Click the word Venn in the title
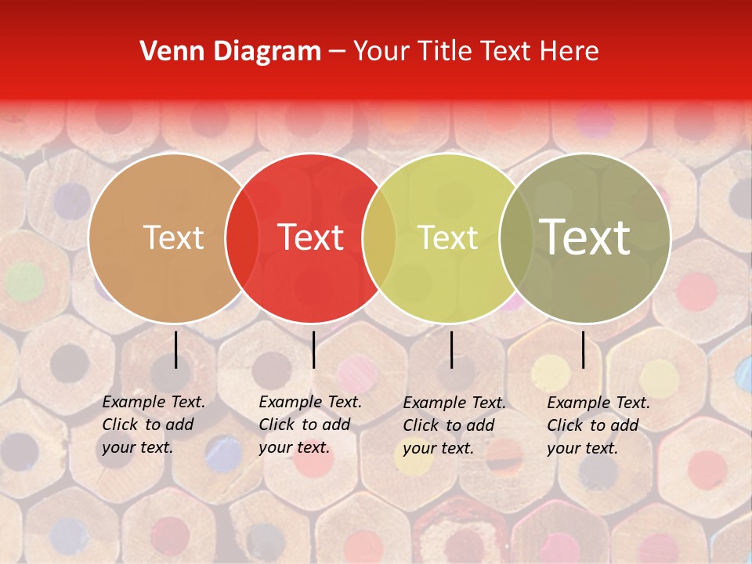click(166, 52)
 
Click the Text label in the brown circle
click(173, 237)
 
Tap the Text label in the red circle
click(310, 237)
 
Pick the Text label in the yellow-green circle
click(447, 237)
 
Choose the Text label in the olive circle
click(585, 237)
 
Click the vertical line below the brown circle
click(175, 349)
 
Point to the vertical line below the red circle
click(313, 349)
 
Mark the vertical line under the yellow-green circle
click(451, 349)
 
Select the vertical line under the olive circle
click(584, 349)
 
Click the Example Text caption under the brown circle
click(154, 425)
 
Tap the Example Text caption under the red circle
click(310, 425)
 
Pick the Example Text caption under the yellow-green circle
click(454, 425)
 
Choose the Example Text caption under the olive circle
click(598, 425)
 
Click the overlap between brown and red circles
click(242, 237)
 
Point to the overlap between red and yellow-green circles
click(380, 237)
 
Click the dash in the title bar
click(338, 52)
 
